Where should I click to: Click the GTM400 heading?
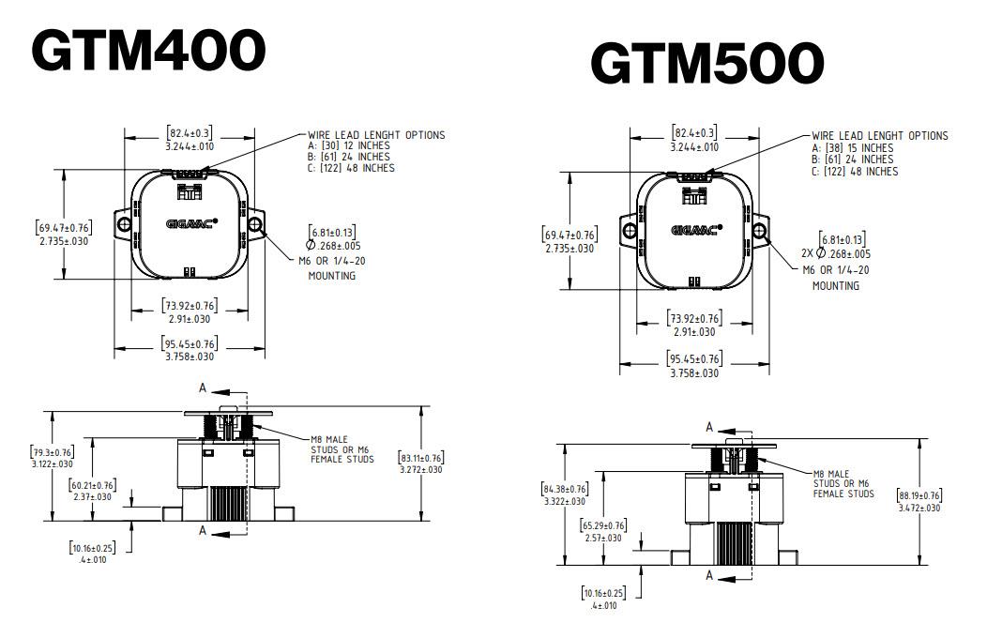(x=148, y=50)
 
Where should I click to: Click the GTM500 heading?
(x=706, y=64)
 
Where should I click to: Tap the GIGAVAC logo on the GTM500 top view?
(x=695, y=229)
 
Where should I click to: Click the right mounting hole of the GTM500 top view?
(x=761, y=229)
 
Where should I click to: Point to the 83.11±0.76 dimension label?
(x=421, y=463)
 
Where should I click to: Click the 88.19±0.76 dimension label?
(x=920, y=501)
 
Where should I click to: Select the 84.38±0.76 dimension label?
(x=565, y=494)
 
